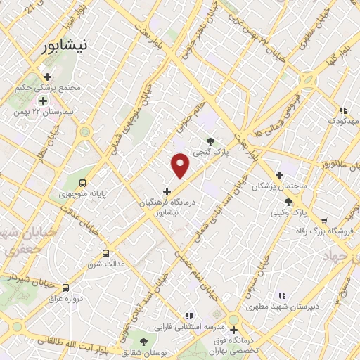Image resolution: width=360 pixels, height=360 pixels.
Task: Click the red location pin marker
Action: click(x=181, y=165)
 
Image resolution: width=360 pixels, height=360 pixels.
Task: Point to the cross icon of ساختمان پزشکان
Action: click(x=279, y=175)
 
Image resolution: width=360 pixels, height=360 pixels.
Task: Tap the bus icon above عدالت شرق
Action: click(x=106, y=253)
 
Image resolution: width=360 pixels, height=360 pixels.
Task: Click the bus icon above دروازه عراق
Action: click(x=65, y=288)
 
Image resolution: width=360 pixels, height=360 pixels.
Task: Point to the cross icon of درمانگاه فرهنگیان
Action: click(x=167, y=191)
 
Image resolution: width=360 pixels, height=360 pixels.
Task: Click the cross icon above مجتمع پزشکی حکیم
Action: click(x=47, y=77)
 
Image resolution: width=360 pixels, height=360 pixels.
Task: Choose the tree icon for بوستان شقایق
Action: click(x=143, y=342)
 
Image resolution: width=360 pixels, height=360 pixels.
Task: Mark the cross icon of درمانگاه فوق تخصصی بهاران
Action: click(x=232, y=329)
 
